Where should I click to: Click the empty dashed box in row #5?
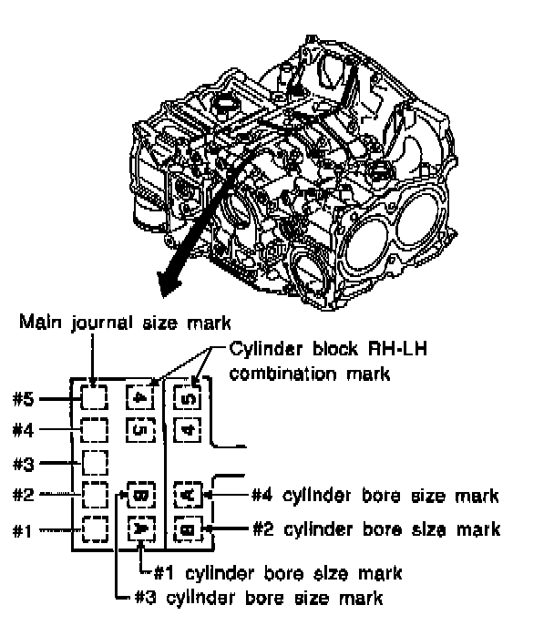pos(95,397)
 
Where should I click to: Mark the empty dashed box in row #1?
pos(95,528)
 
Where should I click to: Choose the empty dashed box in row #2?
pos(95,496)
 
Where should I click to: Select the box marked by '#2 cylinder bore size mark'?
pos(187,528)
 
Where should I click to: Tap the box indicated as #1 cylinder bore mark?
pos(141,528)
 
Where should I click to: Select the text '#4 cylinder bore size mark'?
pos(374,496)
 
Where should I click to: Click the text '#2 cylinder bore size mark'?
pos(374,528)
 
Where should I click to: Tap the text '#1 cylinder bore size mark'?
pos(276,574)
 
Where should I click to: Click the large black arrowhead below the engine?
pos(171,279)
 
